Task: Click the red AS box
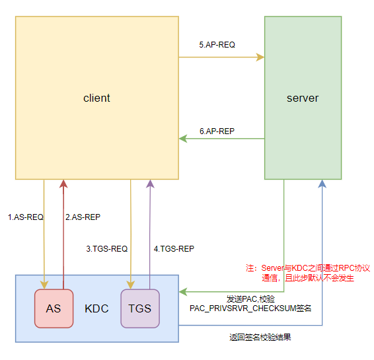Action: point(53,308)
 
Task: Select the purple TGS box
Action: point(140,308)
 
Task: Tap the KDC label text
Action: point(96,308)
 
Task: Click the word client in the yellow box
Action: point(96,98)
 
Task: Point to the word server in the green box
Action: point(303,98)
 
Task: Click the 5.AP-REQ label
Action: point(217,45)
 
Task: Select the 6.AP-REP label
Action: point(217,131)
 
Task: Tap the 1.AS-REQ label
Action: point(24,217)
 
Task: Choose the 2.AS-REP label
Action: point(83,217)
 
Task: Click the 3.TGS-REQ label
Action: point(106,249)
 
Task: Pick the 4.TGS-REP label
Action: point(174,249)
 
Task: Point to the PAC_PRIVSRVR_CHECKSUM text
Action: point(250,308)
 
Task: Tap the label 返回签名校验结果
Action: point(260,337)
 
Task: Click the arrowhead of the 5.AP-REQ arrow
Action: point(261,57)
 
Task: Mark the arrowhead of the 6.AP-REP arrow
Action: point(183,139)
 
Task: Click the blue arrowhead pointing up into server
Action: point(322,183)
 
